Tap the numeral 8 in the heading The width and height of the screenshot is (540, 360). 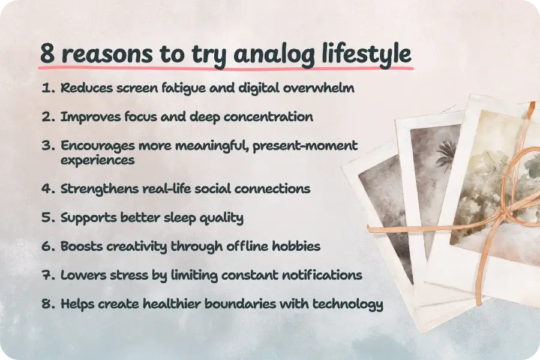pos(47,54)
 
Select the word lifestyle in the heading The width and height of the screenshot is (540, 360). pos(367,54)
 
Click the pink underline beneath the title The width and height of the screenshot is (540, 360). pos(226,68)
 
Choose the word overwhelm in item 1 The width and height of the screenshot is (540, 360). pos(319,88)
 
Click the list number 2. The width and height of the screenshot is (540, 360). pos(48,117)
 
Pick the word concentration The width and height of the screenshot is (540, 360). pos(268,117)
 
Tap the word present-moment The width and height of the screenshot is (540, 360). pos(305,146)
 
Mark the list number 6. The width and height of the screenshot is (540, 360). pos(48,247)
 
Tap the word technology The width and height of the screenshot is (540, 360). pos(347,305)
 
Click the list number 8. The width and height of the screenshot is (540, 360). pos(48,304)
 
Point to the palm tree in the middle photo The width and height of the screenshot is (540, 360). pos(446,155)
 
